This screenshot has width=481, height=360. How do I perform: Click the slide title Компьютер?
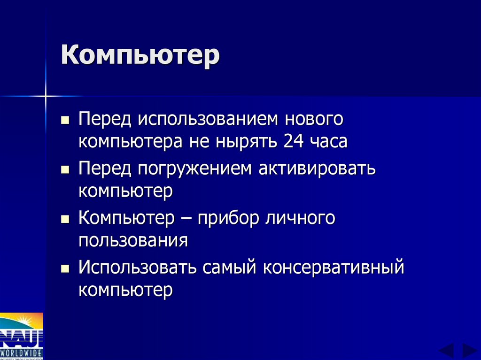point(140,55)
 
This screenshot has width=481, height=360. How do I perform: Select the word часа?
point(329,141)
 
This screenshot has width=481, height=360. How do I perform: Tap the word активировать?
point(317,169)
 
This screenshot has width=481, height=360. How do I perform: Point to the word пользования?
point(133,241)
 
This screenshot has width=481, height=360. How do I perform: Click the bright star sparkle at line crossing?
point(46,96)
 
